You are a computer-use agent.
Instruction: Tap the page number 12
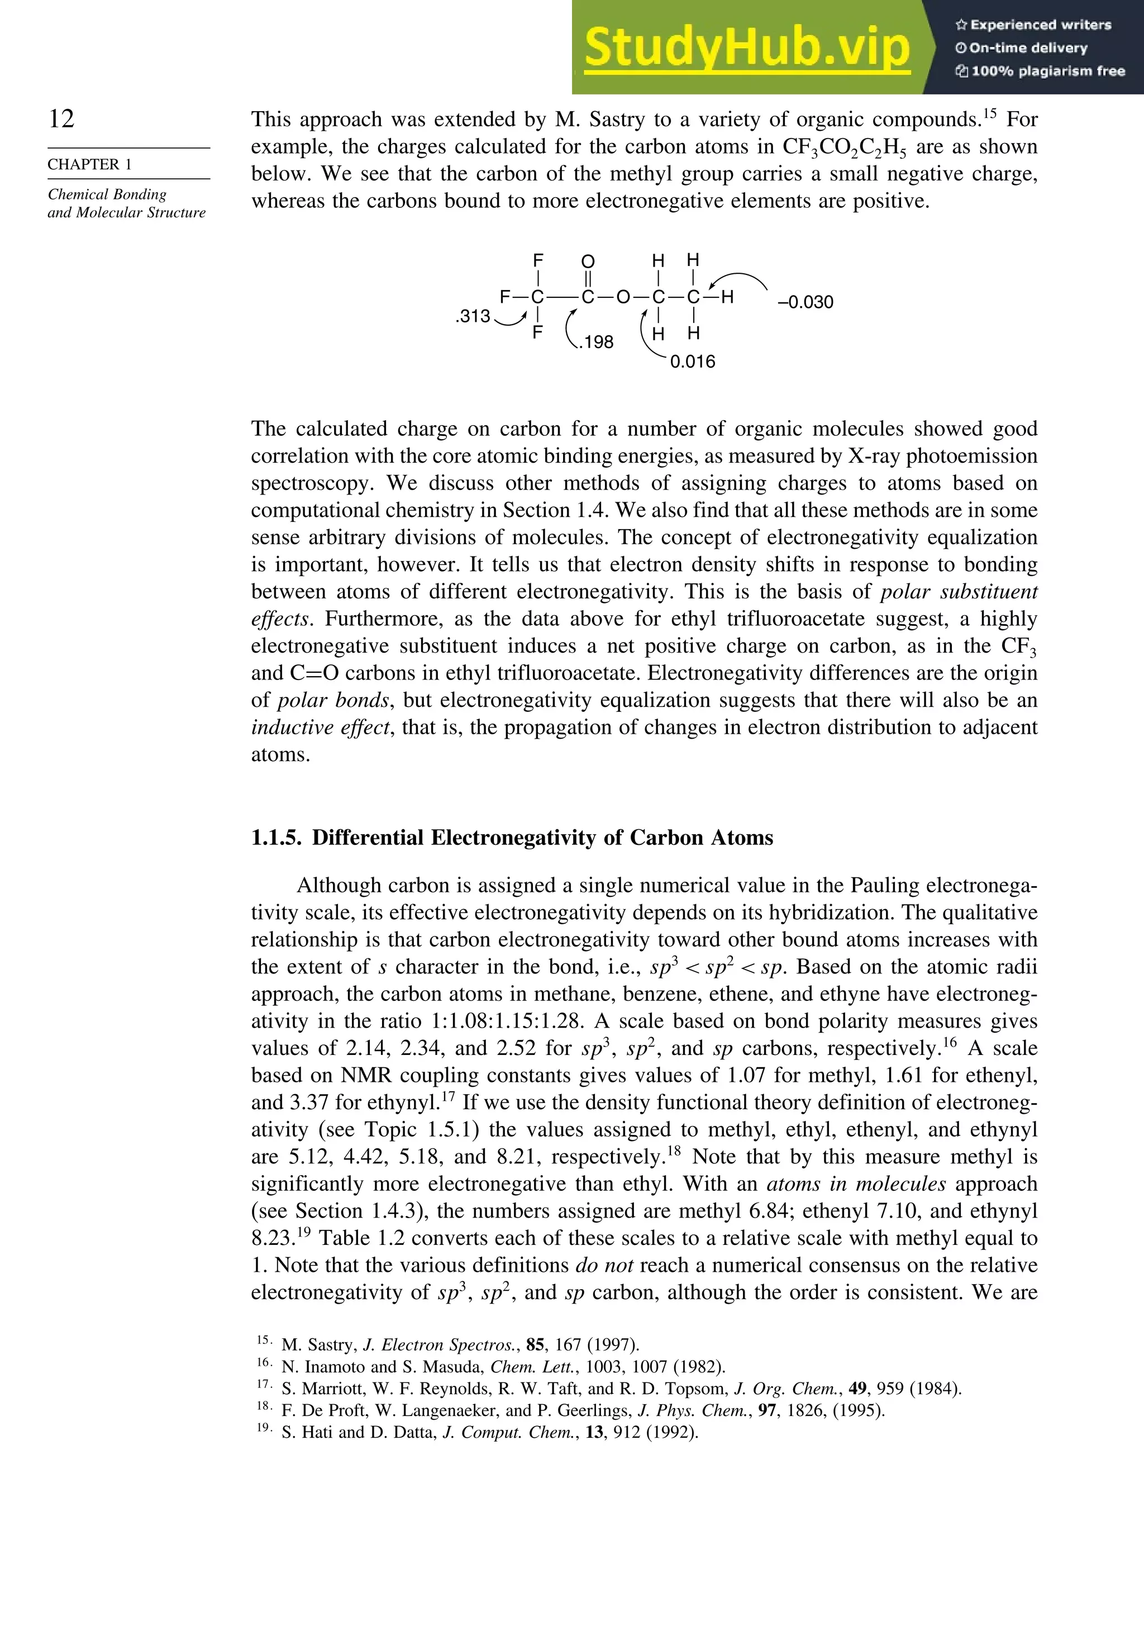pyautogui.click(x=61, y=118)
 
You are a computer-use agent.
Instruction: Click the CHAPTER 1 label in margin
pyautogui.click(x=90, y=164)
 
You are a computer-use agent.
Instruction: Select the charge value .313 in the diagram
pyautogui.click(x=473, y=316)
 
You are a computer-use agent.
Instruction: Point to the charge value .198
pyautogui.click(x=596, y=343)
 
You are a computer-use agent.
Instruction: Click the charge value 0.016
pyautogui.click(x=693, y=362)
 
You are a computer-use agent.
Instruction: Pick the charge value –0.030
pyautogui.click(x=805, y=302)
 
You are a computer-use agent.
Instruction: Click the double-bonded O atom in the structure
pyautogui.click(x=588, y=262)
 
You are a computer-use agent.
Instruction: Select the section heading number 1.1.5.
pyautogui.click(x=276, y=838)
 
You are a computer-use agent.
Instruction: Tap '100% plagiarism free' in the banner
pyautogui.click(x=1046, y=71)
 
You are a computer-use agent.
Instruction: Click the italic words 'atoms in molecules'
pyautogui.click(x=856, y=1184)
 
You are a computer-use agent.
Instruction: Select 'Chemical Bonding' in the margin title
pyautogui.click(x=107, y=194)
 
